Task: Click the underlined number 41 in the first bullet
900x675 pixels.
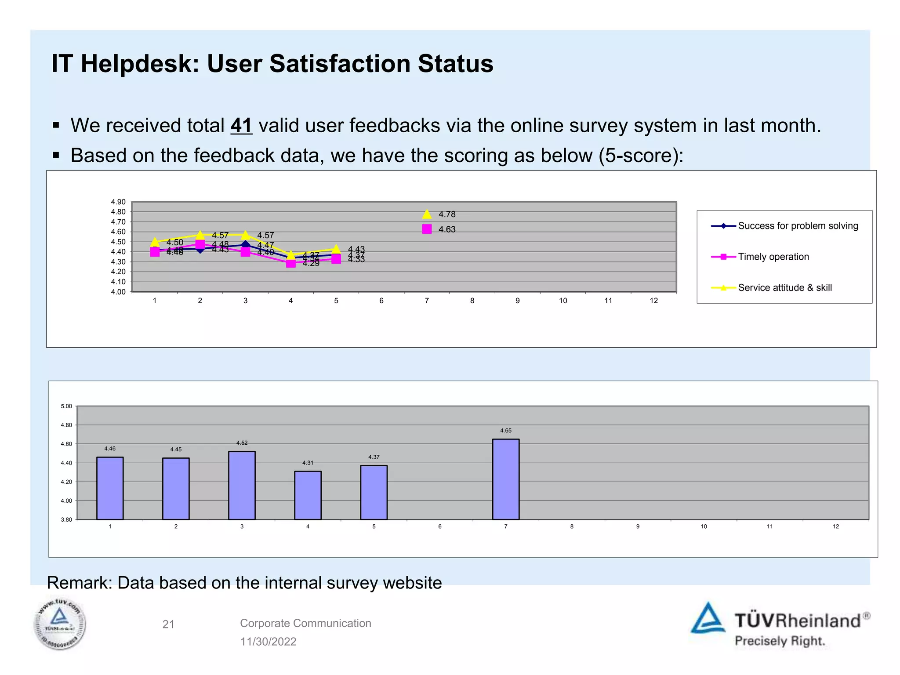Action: pos(241,126)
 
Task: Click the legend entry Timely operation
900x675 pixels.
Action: pos(773,257)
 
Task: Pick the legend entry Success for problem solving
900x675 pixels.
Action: pos(798,226)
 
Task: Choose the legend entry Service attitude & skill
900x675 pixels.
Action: pos(784,288)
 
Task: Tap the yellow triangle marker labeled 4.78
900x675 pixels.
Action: pos(427,214)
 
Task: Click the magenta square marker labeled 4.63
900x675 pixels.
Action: pos(427,229)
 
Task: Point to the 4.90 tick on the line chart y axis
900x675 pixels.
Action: pos(118,202)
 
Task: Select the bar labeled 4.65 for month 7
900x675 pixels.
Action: pos(505,479)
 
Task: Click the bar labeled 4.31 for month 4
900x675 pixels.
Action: pos(308,495)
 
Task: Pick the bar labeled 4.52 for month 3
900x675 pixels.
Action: pos(242,485)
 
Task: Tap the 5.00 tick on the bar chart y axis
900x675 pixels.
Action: pos(66,406)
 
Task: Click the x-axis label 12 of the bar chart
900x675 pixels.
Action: pos(835,526)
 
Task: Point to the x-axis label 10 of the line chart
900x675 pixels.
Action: pos(562,301)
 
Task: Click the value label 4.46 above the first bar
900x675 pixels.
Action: pos(110,449)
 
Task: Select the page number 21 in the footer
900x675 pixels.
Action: pos(168,624)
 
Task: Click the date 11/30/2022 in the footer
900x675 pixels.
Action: pos(268,642)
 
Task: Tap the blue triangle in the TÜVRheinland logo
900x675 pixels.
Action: pos(708,619)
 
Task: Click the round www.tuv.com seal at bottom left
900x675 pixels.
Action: pos(60,624)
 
